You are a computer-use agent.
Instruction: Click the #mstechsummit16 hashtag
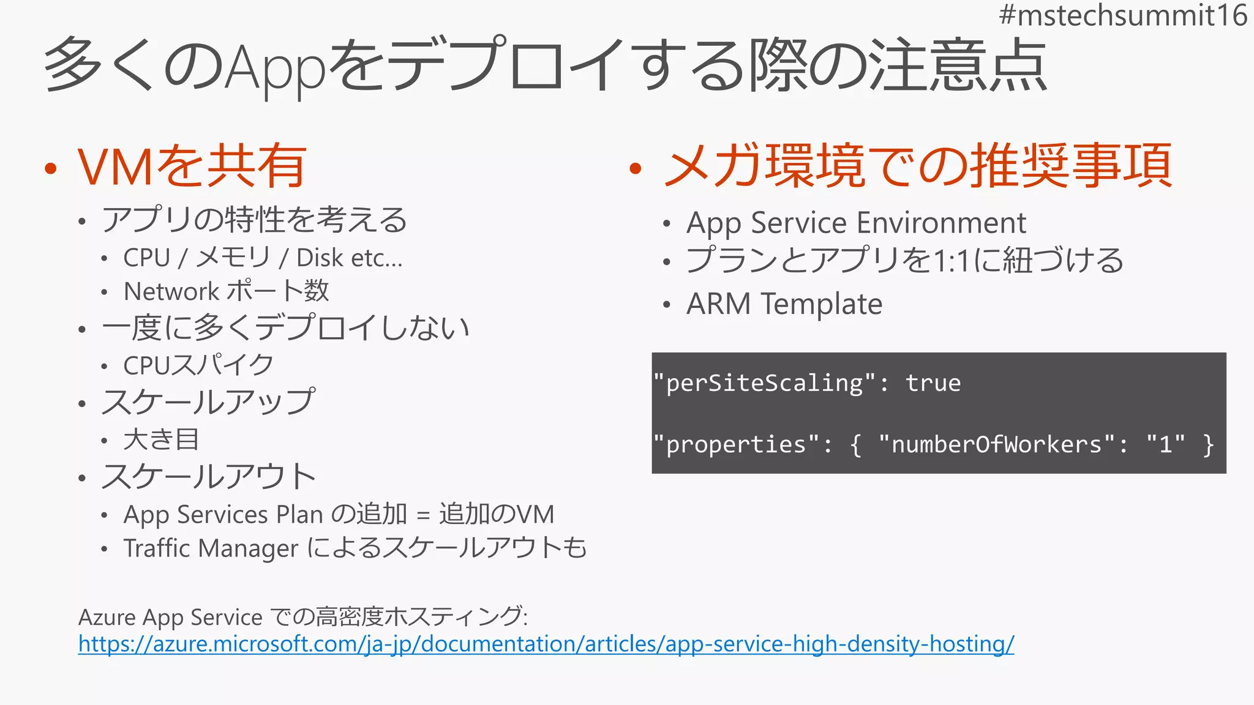coord(1122,15)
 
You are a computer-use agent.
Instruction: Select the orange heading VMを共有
coord(192,166)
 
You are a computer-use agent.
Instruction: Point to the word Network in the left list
coord(171,291)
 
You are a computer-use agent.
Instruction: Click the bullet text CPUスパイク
coord(198,365)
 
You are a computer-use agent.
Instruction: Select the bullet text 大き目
coord(161,439)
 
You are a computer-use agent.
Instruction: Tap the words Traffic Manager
coord(211,548)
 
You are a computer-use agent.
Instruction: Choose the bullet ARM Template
coord(784,304)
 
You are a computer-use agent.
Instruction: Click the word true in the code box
coord(933,383)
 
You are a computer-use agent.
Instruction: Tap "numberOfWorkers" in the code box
coord(996,444)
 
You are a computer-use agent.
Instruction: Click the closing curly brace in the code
coord(1207,444)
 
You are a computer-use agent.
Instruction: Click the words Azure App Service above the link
coord(170,617)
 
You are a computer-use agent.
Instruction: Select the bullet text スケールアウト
coord(208,477)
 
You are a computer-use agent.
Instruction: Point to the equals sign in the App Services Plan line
coord(422,515)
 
